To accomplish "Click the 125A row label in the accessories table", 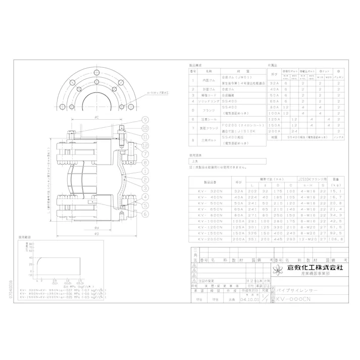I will (274, 119).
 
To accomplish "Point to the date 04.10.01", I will (249, 299).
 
